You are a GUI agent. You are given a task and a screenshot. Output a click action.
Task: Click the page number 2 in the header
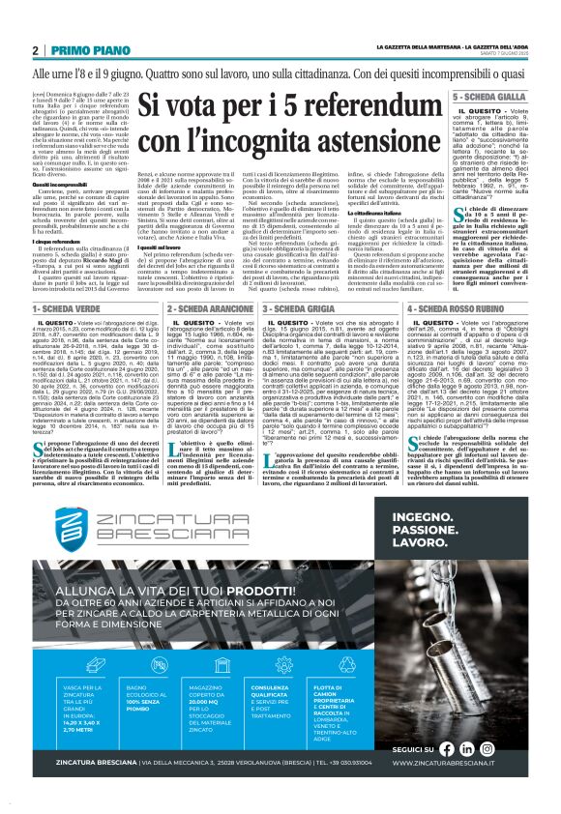coord(36,50)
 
